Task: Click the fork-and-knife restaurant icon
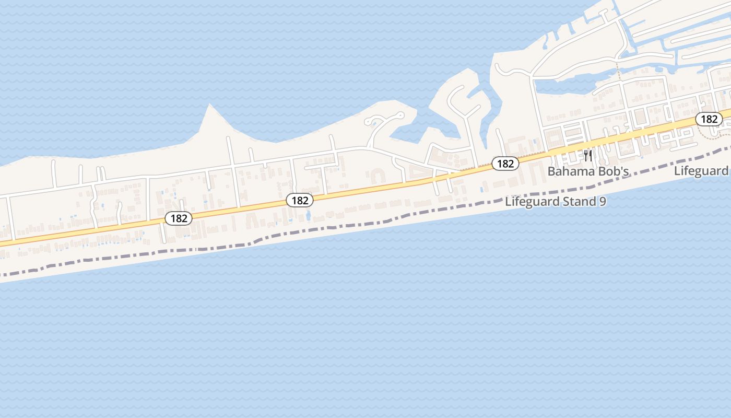[588, 156]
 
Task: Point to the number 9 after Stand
[603, 202]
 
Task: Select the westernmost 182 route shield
[179, 218]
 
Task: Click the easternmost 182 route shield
[709, 119]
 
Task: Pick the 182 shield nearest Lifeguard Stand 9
[505, 164]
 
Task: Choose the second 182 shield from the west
[300, 200]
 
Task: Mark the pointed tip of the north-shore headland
[210, 105]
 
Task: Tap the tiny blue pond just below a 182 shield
[308, 214]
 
